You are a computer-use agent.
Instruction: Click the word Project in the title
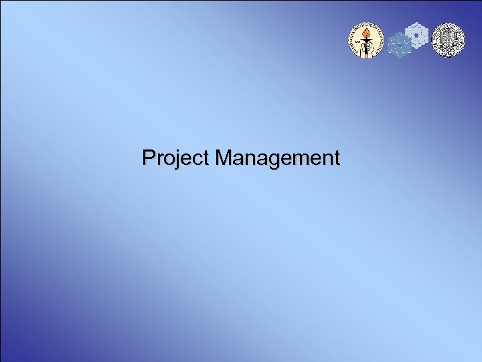coord(176,158)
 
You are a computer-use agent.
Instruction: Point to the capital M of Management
coord(224,158)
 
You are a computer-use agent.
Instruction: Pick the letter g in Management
coord(277,161)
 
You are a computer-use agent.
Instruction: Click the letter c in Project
coord(192,160)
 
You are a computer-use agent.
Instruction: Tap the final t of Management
coord(336,158)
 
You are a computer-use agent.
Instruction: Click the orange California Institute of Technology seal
coord(366,40)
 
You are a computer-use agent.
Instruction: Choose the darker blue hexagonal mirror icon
coord(400,46)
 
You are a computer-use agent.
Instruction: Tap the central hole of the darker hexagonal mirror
coord(400,46)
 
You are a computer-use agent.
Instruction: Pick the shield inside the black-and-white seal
coord(447,38)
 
